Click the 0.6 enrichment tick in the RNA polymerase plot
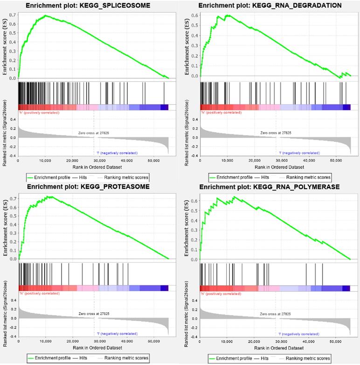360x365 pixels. pyautogui.click(x=195, y=201)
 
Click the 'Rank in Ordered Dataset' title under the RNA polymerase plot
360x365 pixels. pyautogui.click(x=275, y=349)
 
